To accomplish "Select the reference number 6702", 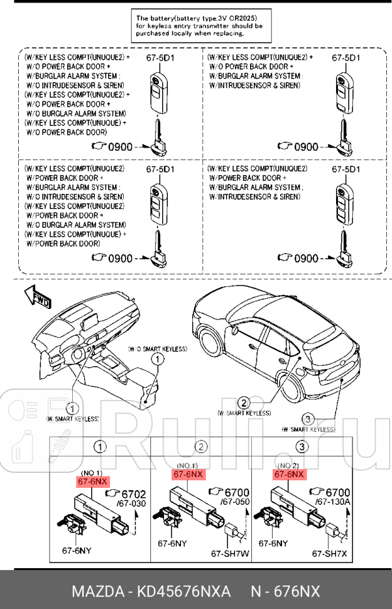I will point(133,493).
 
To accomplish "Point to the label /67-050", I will point(235,503).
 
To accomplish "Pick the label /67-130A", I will point(333,503).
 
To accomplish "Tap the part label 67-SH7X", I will point(329,553).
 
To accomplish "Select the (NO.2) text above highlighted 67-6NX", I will point(289,466).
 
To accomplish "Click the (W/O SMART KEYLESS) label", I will point(157,348).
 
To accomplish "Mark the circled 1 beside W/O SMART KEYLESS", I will point(157,359).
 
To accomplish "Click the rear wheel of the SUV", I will point(293,385).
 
